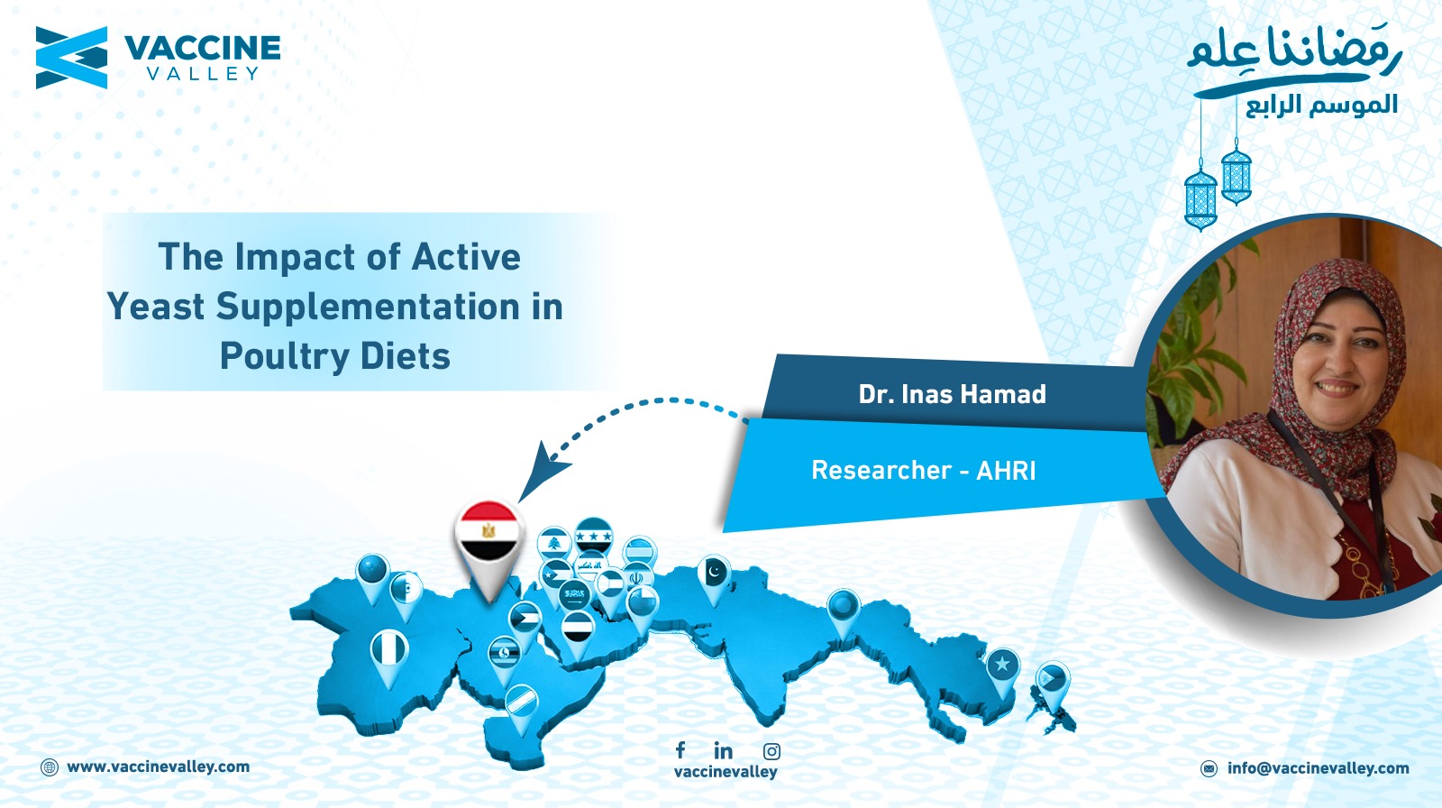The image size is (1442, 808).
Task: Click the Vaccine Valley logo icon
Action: coord(71,58)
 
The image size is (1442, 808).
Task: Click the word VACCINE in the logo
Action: coord(202,49)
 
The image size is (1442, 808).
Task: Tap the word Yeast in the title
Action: coord(156,307)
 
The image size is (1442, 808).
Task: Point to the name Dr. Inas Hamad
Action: coord(952,394)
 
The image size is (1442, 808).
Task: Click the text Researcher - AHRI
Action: coord(924,471)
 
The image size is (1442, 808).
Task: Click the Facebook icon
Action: coord(680,750)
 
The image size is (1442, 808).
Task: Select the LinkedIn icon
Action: coord(723,750)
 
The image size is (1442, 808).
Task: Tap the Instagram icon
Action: coord(771,751)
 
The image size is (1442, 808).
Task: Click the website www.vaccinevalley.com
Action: coord(159,767)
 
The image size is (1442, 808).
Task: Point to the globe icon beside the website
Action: coord(50,767)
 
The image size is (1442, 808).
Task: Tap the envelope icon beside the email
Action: coord(1209,768)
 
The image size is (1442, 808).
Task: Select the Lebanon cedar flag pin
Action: coord(553,545)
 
